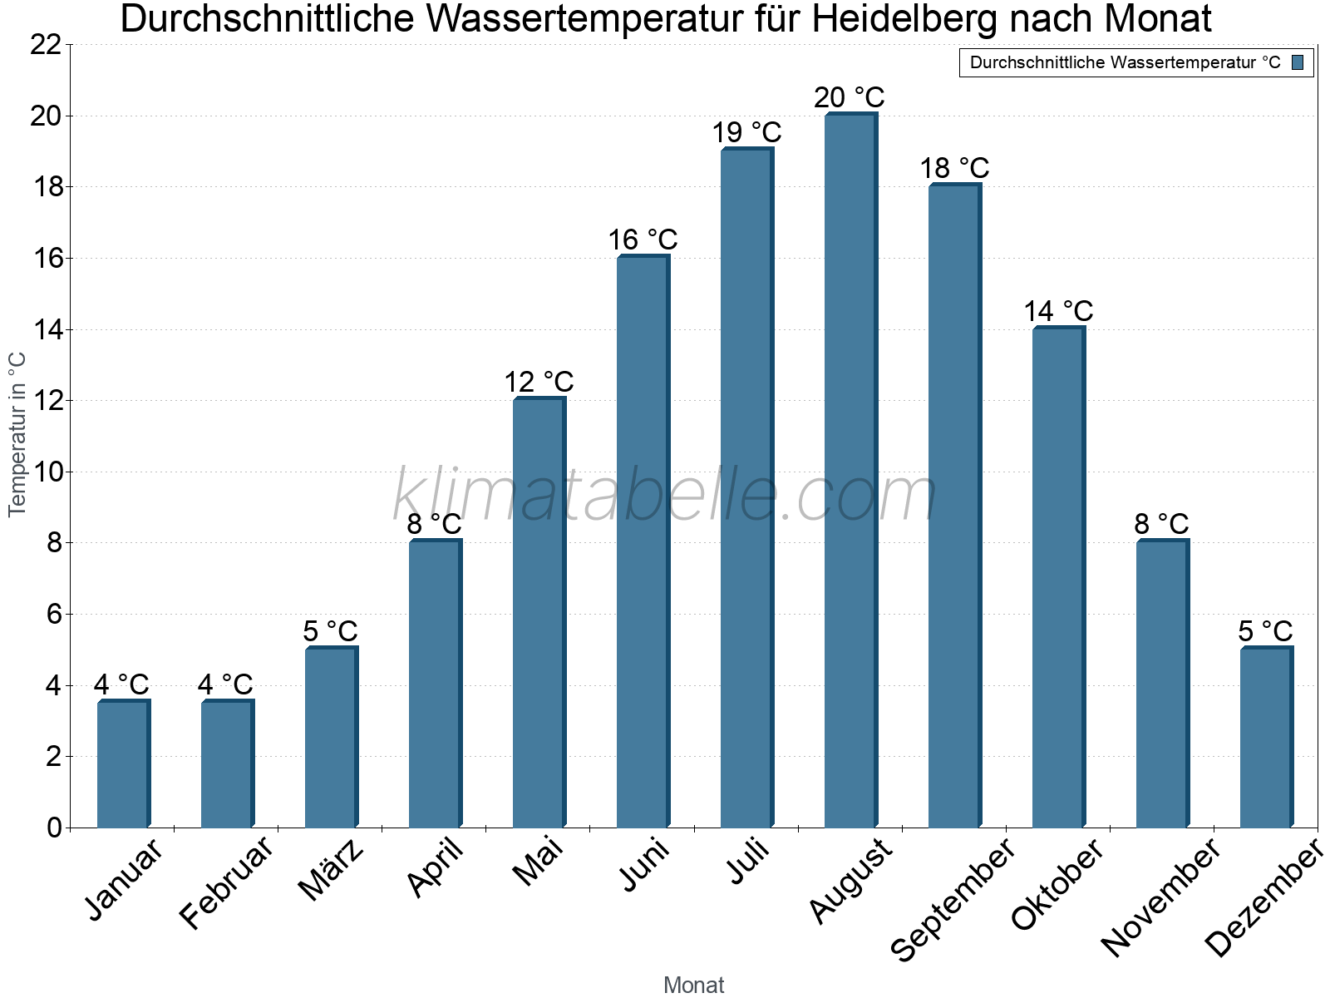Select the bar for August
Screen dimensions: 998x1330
(x=850, y=470)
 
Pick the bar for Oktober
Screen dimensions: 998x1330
(x=1057, y=577)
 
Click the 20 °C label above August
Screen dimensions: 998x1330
(x=849, y=98)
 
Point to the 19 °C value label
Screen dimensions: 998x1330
(x=746, y=133)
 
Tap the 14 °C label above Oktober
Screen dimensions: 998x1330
(x=1057, y=312)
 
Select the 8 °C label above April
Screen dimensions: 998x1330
(x=434, y=525)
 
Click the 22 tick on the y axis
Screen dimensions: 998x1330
(x=46, y=45)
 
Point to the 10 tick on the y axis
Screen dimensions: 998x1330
(x=46, y=472)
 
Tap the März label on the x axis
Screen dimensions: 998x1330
(x=332, y=870)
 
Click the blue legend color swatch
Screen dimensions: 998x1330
(x=1298, y=62)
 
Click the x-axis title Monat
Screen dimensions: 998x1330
(x=694, y=985)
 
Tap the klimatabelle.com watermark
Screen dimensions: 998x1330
(x=665, y=496)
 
